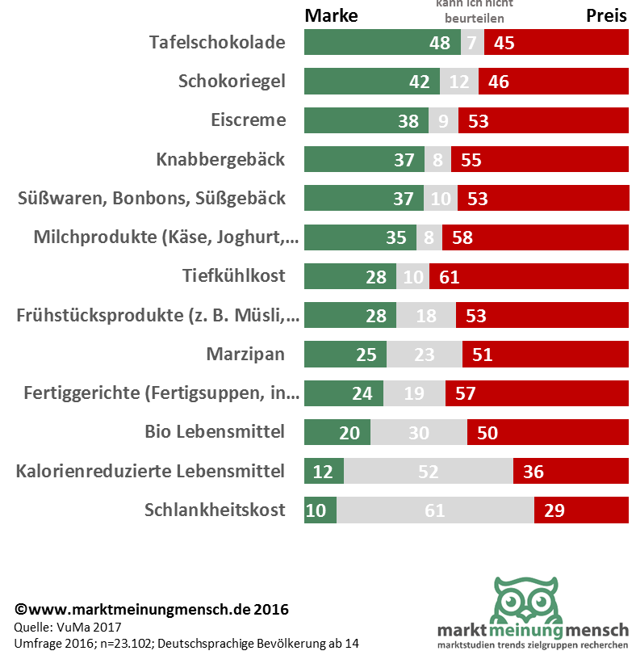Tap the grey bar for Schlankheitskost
435,510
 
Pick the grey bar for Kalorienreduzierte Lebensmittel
429,472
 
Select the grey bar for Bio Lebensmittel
418,432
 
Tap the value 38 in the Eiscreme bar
408,120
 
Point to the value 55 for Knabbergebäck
471,159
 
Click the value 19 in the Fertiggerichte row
415,393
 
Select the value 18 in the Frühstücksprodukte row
426,315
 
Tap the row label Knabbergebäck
220,159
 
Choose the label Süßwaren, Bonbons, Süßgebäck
151,198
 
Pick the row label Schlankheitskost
215,510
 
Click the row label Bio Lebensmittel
215,432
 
